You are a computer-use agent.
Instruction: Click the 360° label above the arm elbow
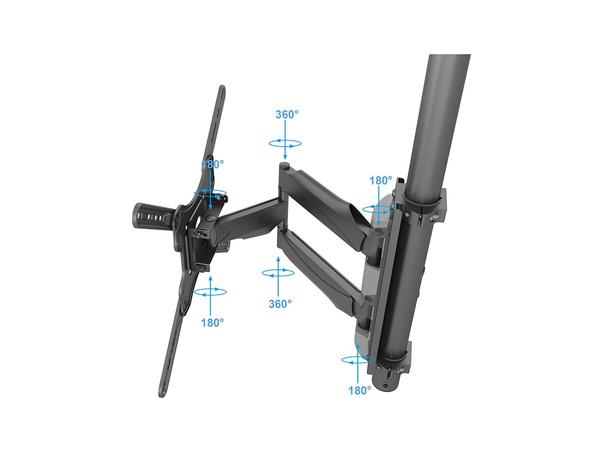pyautogui.click(x=287, y=115)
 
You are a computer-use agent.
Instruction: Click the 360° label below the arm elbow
pyautogui.click(x=280, y=304)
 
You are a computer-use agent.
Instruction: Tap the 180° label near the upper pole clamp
pyautogui.click(x=380, y=180)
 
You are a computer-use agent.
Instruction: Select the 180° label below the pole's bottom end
pyautogui.click(x=360, y=390)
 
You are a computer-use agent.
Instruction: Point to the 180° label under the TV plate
pyautogui.click(x=213, y=323)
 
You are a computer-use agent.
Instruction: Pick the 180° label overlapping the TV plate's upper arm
pyautogui.click(x=213, y=164)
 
